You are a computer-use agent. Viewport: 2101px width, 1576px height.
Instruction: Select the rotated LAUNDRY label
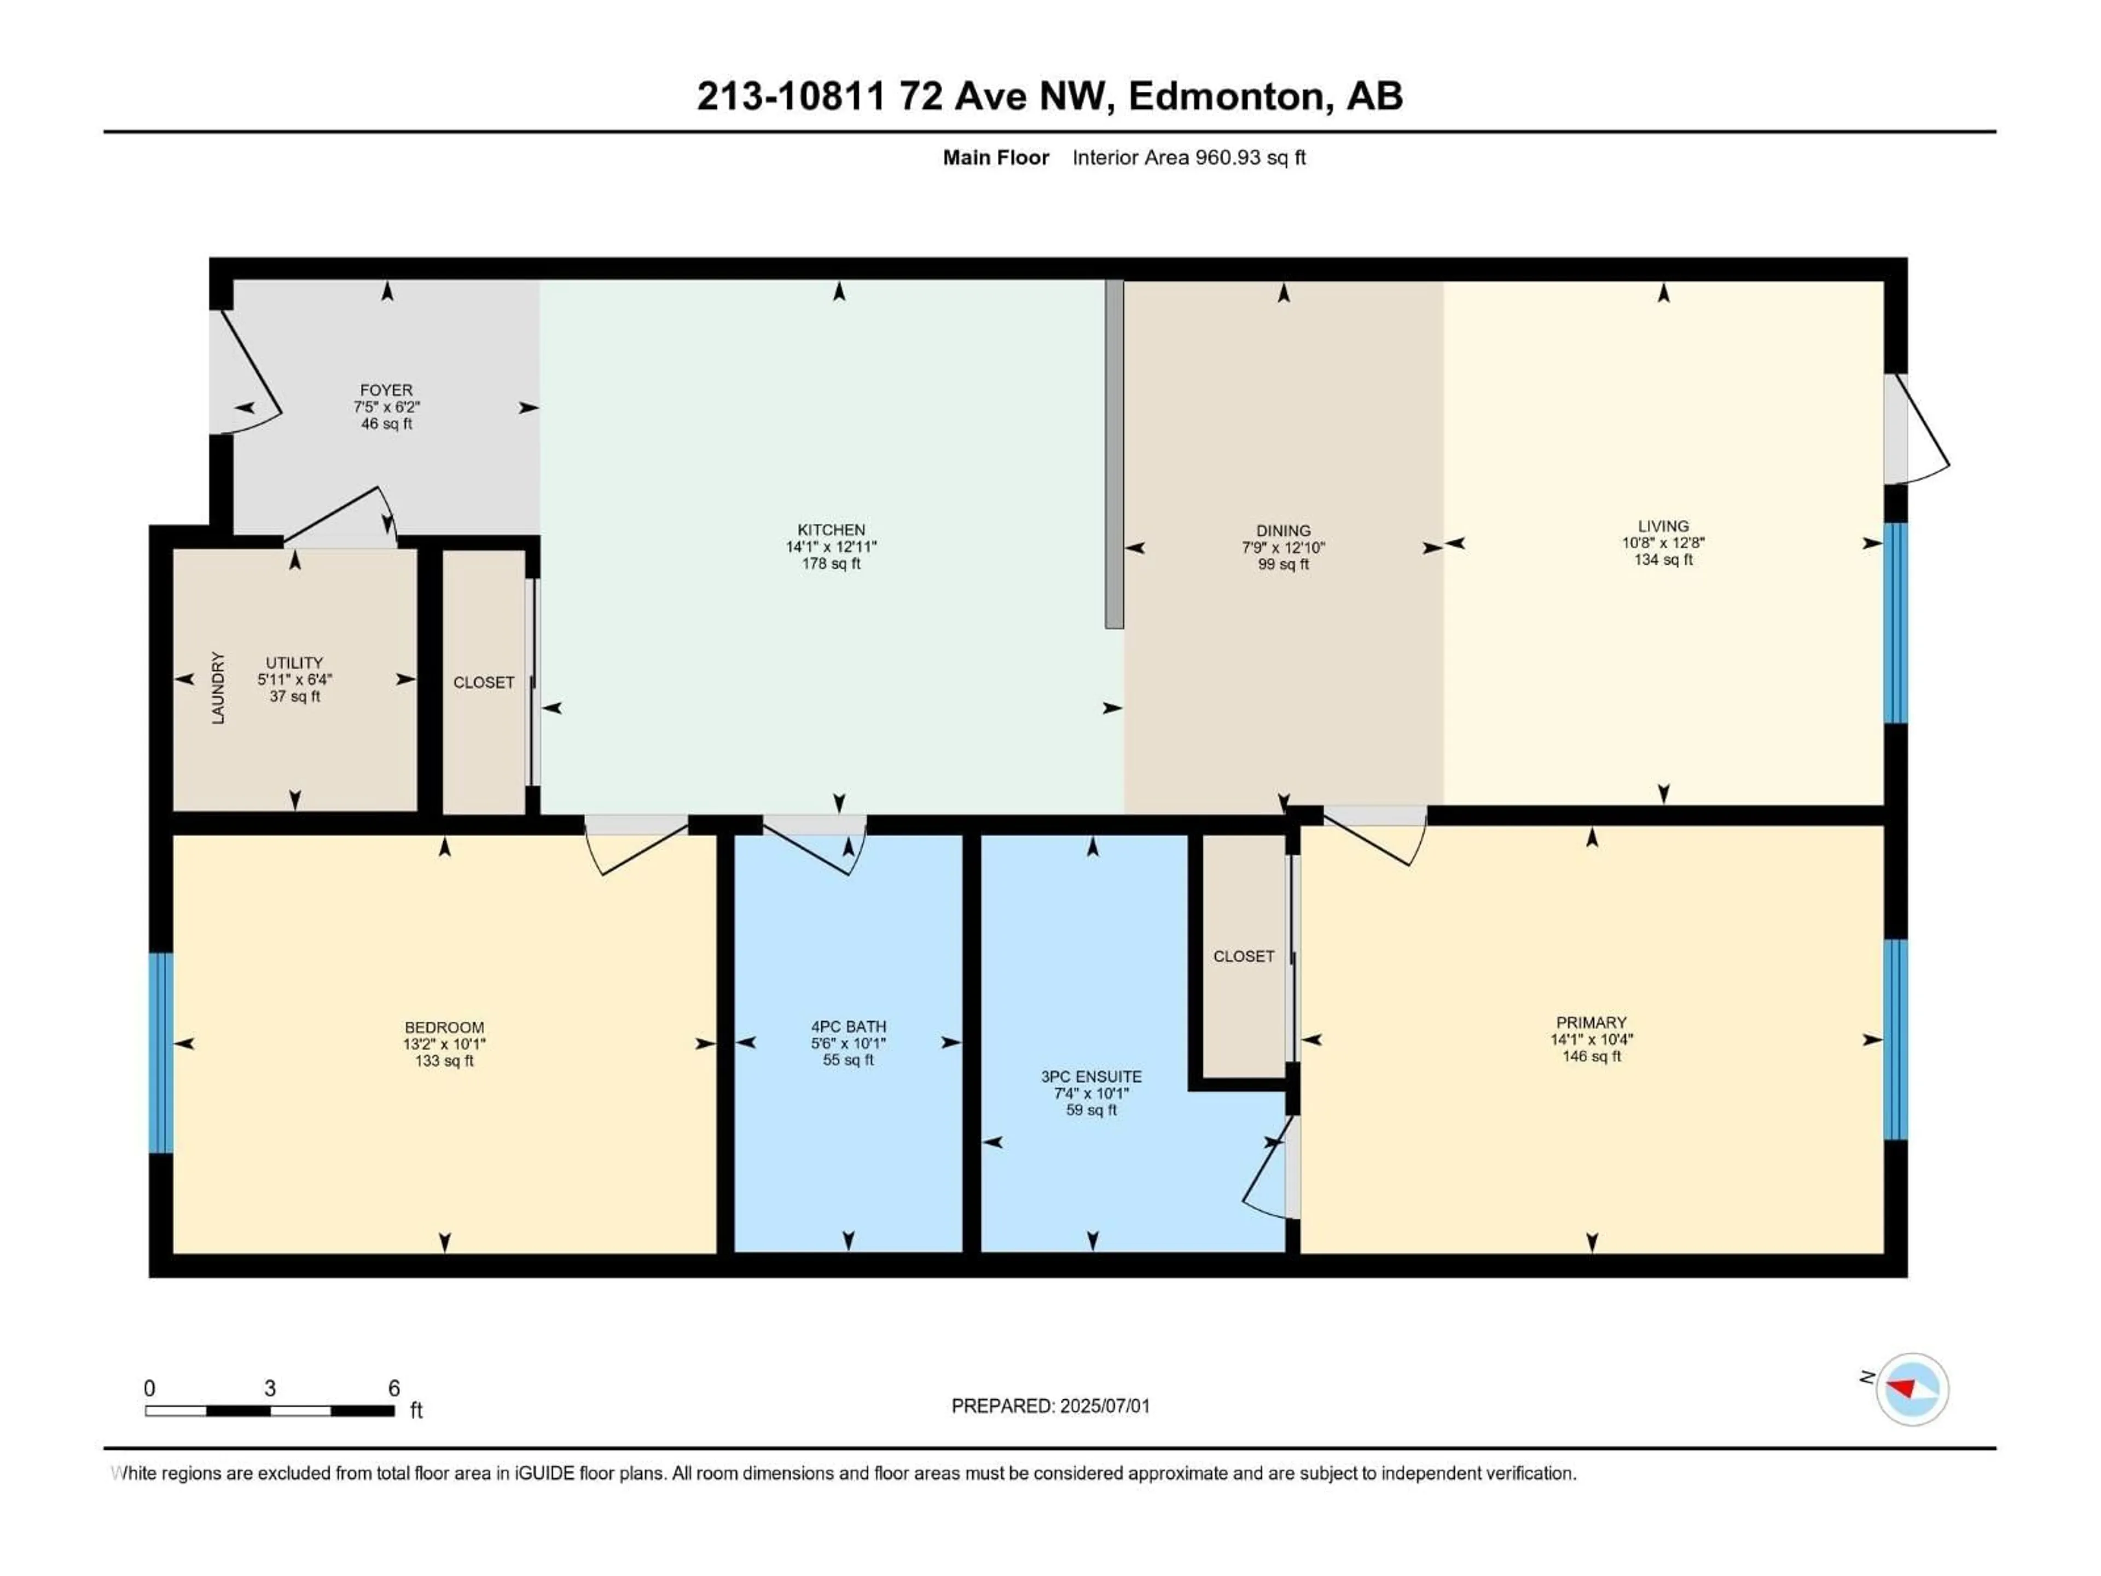[218, 688]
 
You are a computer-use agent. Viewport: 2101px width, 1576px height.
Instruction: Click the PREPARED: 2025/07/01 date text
[1050, 1406]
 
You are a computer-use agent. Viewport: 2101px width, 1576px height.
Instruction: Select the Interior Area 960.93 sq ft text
[1188, 158]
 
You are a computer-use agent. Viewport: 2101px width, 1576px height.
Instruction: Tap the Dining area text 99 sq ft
[1282, 564]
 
